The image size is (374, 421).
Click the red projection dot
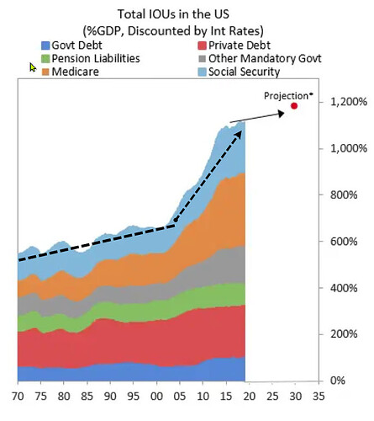click(295, 106)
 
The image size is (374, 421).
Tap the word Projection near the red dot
click(287, 94)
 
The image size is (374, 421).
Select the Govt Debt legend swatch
click(45, 45)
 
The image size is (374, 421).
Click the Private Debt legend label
click(236, 45)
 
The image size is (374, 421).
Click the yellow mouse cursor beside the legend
click(33, 67)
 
